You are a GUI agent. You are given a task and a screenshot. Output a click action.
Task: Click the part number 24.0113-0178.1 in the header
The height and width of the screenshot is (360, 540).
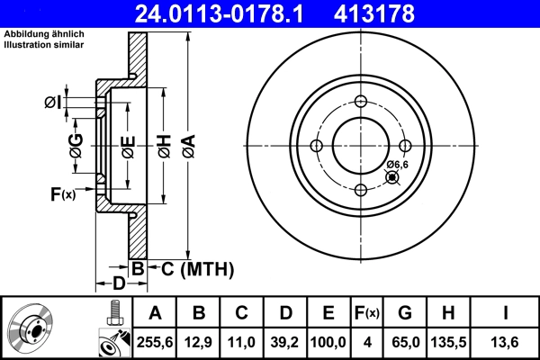click(x=232, y=13)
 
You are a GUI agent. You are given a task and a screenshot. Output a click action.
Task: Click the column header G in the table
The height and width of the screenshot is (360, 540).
click(x=404, y=314)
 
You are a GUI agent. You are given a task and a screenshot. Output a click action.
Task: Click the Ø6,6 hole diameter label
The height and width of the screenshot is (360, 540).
click(x=398, y=164)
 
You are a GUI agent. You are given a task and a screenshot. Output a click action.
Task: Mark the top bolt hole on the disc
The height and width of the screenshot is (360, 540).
click(x=360, y=101)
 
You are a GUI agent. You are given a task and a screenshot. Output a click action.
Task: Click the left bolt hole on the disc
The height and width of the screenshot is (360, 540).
click(x=316, y=146)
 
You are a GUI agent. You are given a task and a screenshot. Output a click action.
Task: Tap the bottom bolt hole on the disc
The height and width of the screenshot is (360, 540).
click(x=360, y=189)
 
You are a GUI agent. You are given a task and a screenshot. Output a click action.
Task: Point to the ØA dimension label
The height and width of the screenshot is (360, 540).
click(x=187, y=143)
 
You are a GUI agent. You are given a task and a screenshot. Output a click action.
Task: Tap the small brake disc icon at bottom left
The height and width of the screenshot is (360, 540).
click(x=32, y=329)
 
